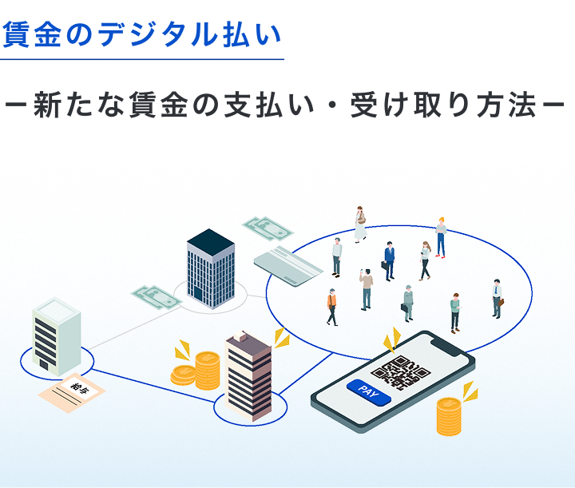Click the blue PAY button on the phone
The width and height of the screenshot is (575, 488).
369,392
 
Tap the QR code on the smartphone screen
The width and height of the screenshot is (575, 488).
400,372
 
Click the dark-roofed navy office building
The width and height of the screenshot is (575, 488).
211,268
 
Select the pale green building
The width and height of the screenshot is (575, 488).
57,336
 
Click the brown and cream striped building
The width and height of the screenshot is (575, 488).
248,375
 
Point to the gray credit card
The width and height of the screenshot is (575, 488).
288,266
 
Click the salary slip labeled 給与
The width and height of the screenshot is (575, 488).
72,393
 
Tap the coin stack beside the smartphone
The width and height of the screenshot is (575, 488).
449,416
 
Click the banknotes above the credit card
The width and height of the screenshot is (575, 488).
268,228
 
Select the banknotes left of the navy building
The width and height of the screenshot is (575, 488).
157,297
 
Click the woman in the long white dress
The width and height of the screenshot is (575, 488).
360,224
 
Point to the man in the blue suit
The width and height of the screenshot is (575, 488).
389,261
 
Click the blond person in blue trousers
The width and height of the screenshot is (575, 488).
441,238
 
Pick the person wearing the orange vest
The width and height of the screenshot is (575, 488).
332,307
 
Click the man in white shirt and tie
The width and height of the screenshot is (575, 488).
498,299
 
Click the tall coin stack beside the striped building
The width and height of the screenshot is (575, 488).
207,371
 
